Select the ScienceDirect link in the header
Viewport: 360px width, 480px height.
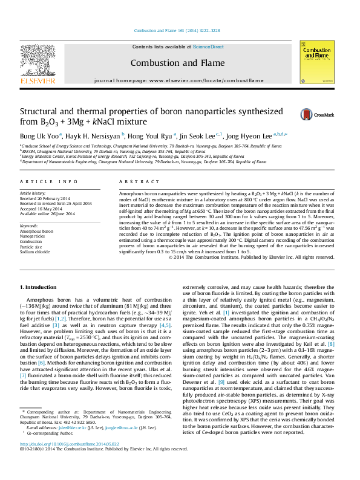coord(208,47)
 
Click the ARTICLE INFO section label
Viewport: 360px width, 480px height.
coord(49,181)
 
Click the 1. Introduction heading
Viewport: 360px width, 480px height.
coord(41,286)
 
